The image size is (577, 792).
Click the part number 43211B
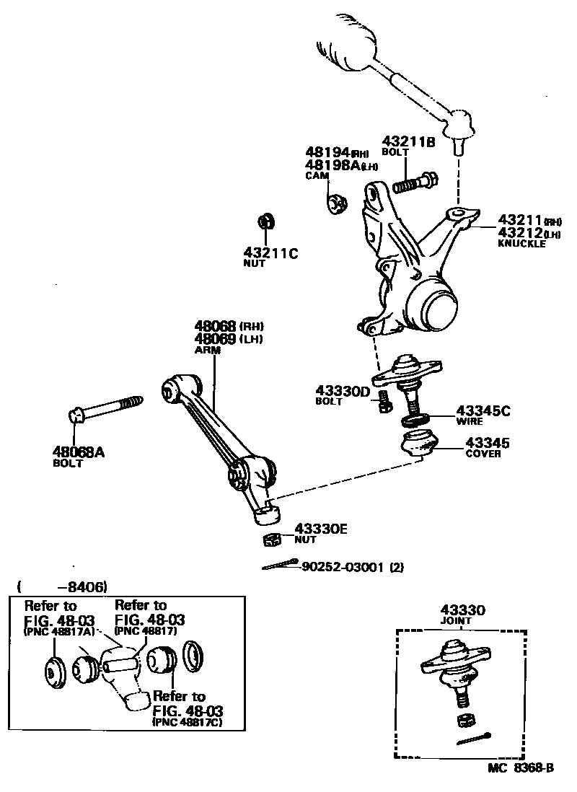[x=408, y=142]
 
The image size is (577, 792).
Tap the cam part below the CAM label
[x=336, y=203]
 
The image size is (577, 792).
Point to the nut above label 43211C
[x=266, y=220]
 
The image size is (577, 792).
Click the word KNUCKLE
[x=521, y=244]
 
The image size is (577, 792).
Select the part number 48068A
[x=78, y=452]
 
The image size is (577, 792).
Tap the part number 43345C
[x=483, y=411]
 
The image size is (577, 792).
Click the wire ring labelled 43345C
[x=416, y=419]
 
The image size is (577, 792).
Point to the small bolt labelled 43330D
[x=384, y=404]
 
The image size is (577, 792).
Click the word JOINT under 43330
[x=456, y=620]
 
